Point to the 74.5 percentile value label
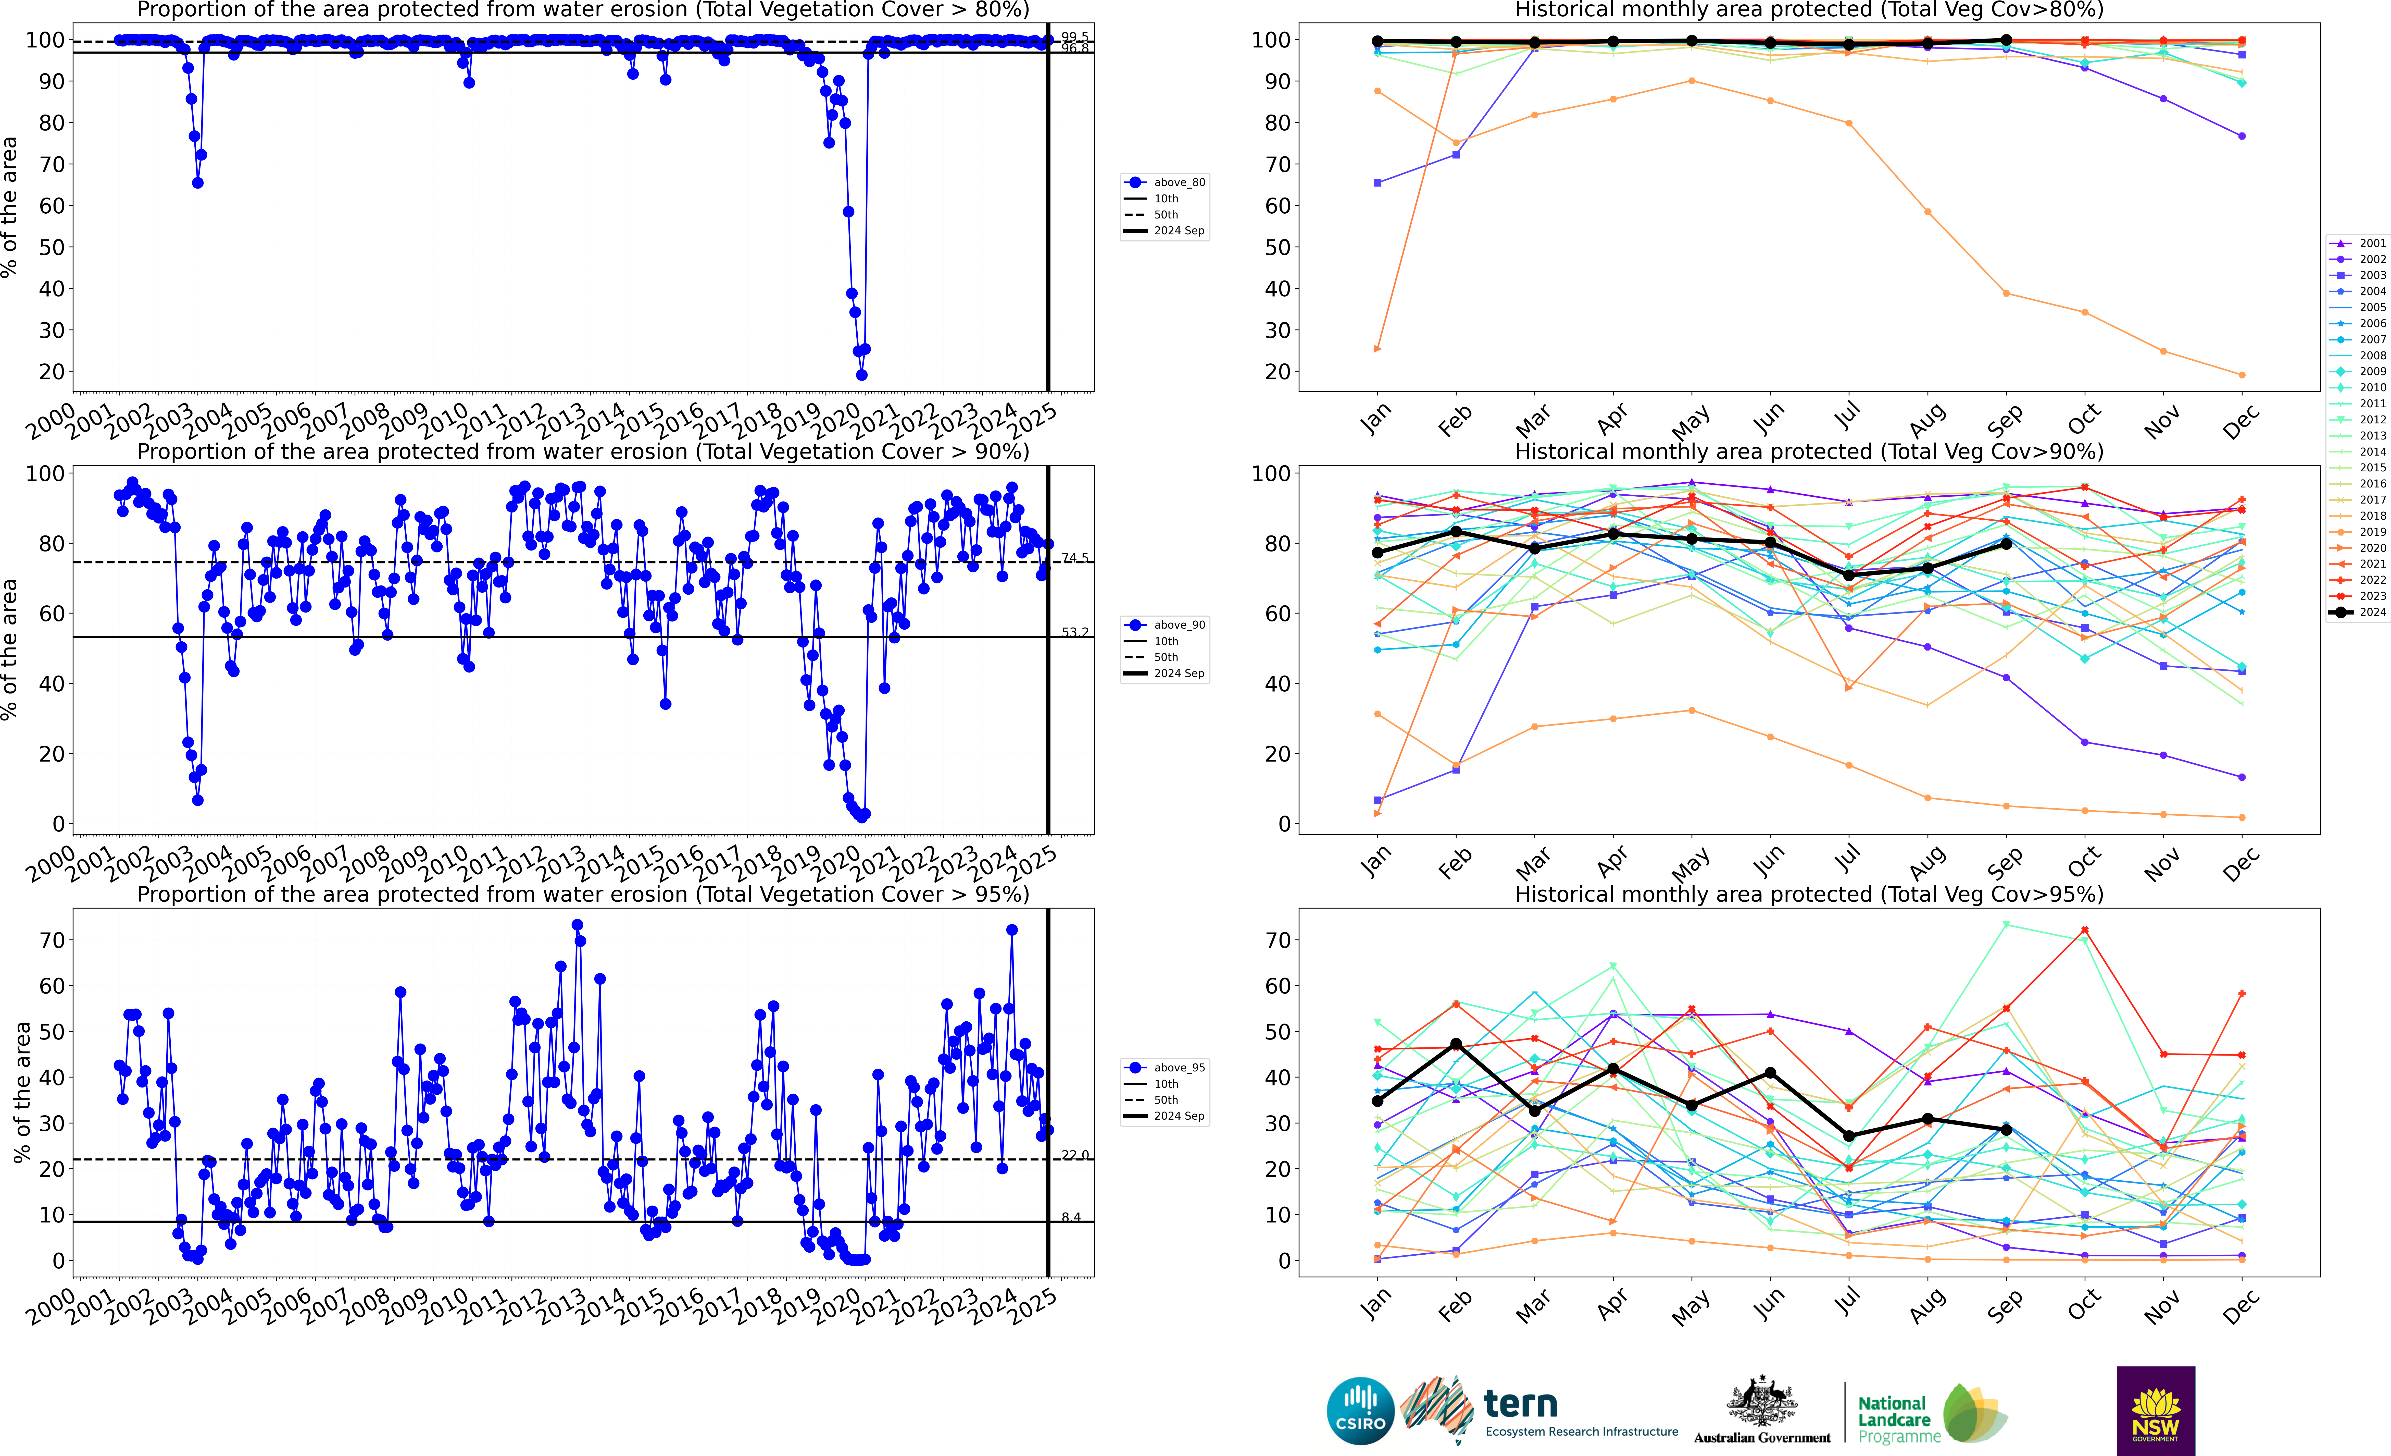(x=1074, y=558)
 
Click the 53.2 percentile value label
(x=1074, y=632)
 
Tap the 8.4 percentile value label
(x=1070, y=1217)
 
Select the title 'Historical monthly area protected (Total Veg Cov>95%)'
(x=1809, y=894)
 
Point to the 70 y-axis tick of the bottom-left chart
(x=52, y=940)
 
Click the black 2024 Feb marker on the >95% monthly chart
(x=1456, y=1044)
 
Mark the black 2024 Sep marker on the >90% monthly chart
(x=2006, y=544)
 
